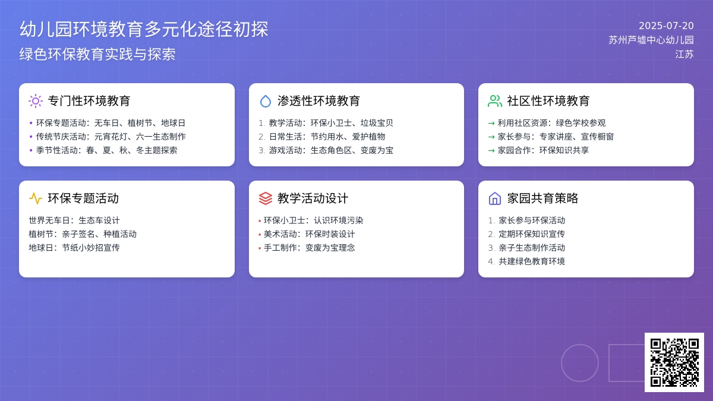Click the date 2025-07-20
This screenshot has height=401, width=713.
(x=666, y=26)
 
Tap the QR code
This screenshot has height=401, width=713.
(x=674, y=362)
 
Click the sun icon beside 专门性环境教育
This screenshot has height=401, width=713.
(x=36, y=101)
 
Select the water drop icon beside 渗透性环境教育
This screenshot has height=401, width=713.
(x=266, y=101)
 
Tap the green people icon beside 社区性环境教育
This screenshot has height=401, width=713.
(x=494, y=101)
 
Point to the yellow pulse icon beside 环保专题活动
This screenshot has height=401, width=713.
(x=36, y=198)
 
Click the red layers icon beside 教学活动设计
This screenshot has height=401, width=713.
(x=266, y=198)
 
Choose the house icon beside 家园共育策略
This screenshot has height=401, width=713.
(x=494, y=198)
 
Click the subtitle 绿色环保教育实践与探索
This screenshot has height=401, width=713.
(x=97, y=54)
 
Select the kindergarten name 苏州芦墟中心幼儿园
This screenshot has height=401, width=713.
(x=651, y=40)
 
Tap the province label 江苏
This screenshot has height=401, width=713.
(x=684, y=54)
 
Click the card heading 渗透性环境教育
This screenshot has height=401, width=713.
(x=318, y=101)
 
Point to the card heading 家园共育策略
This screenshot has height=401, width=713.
(x=542, y=198)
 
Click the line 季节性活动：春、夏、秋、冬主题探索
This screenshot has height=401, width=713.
(x=106, y=150)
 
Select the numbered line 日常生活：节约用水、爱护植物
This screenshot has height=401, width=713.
(x=327, y=137)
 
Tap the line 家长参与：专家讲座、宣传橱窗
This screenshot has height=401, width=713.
(x=556, y=137)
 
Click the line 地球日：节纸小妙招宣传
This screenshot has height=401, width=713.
(x=74, y=248)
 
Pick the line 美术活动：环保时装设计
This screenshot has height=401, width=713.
(x=309, y=234)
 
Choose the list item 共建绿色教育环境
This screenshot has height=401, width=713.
(x=532, y=261)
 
